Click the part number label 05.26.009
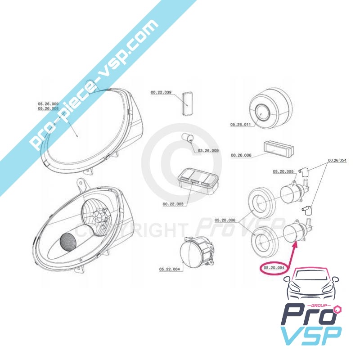point(48,104)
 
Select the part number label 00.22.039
point(161,92)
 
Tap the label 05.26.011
point(240,125)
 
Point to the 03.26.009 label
point(208,151)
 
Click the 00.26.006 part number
point(241,155)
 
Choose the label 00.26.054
point(337,160)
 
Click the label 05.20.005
point(283,171)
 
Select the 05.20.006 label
point(225,220)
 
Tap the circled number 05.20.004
point(274,267)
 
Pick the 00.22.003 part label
point(173,204)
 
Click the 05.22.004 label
point(170,269)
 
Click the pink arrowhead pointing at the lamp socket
point(295,243)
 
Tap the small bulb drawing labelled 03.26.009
point(188,138)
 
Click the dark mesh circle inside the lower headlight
point(68,242)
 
